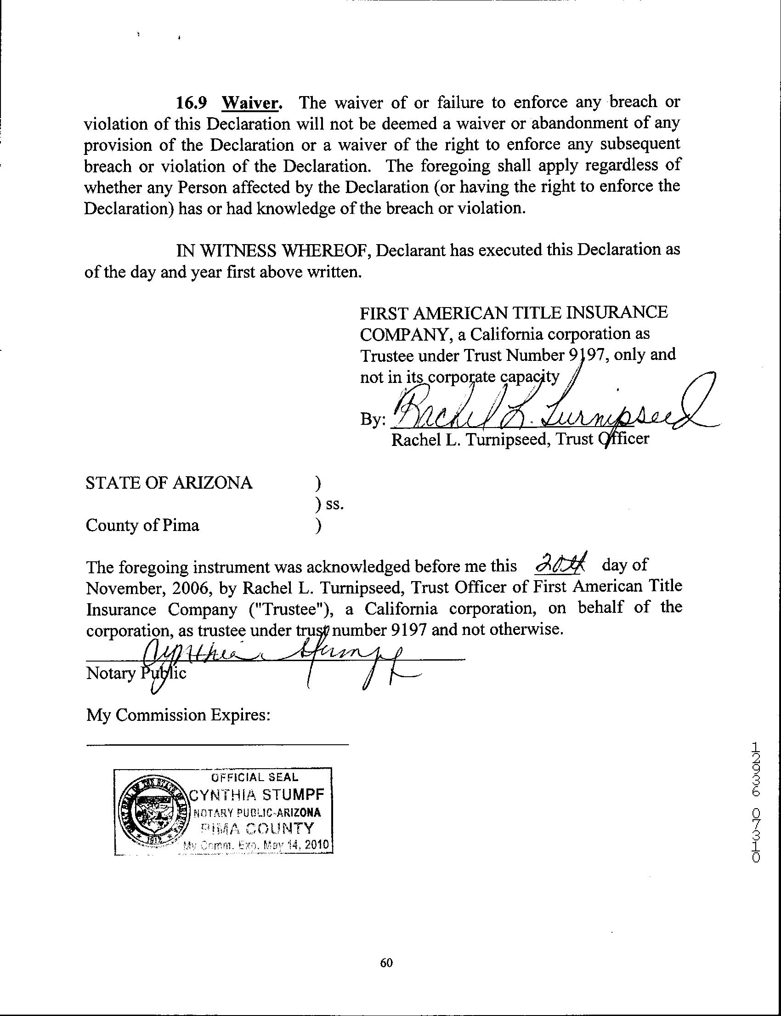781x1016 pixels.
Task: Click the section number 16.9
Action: (x=191, y=103)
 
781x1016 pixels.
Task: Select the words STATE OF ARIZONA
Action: (x=169, y=483)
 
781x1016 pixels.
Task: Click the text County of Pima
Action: (x=142, y=525)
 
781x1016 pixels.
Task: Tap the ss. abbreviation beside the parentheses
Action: (x=334, y=504)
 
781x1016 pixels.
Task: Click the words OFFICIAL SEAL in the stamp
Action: (x=255, y=777)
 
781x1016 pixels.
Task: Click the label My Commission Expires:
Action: (x=178, y=714)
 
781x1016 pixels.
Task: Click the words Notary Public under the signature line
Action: (x=136, y=673)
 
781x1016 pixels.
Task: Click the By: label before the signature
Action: (x=373, y=420)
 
